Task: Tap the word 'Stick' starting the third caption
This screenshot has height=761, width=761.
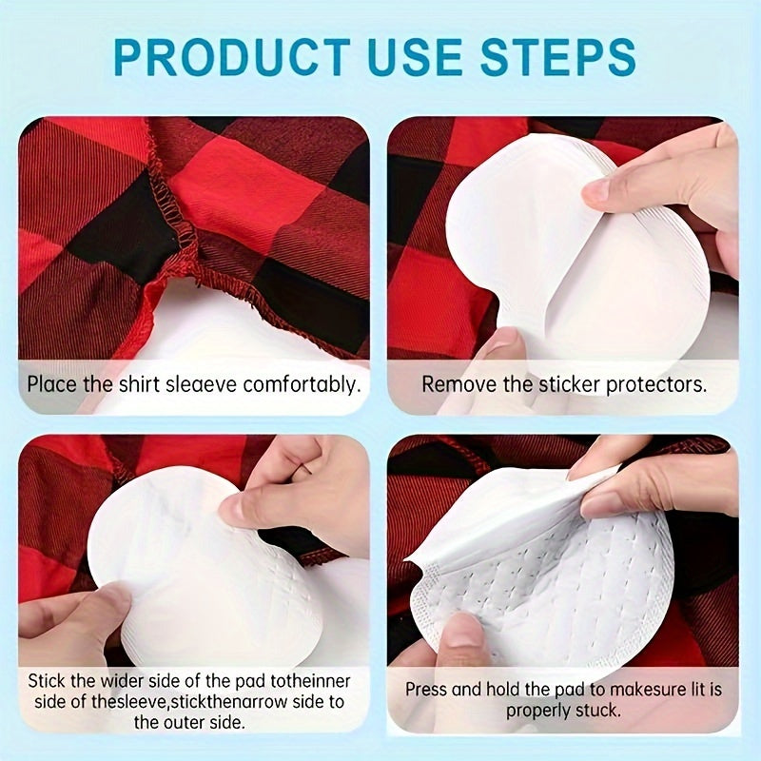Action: [47, 681]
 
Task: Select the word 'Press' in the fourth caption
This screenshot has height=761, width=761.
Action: [425, 688]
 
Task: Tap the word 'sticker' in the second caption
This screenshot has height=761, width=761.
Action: [551, 385]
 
